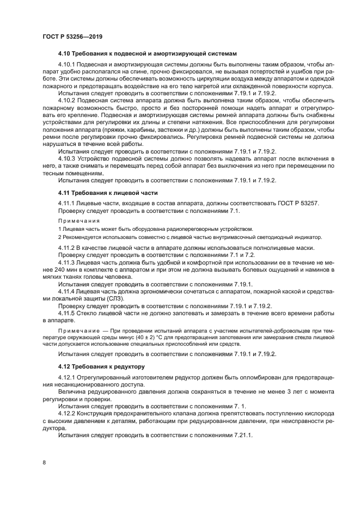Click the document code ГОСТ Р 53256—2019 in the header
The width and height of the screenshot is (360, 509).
click(72, 36)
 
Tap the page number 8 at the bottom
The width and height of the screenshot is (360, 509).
click(44, 462)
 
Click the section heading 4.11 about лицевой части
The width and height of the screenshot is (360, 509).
click(108, 193)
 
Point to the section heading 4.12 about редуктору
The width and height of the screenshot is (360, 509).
click(101, 366)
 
